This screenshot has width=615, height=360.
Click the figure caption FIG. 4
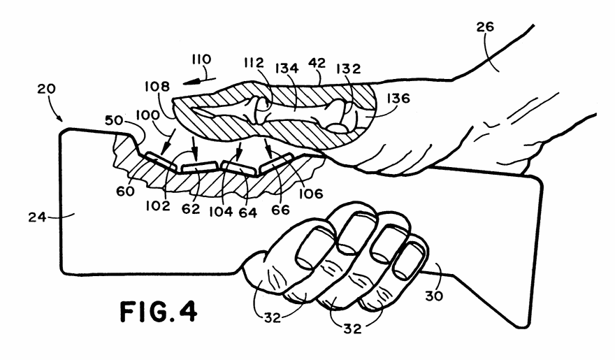(158, 311)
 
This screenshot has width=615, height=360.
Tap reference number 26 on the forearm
(485, 27)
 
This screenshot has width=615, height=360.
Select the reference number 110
(201, 59)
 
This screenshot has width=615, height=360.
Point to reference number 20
(47, 89)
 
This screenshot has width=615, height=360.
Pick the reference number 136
(398, 98)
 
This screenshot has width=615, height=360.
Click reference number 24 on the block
(37, 217)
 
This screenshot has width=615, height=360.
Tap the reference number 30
(435, 295)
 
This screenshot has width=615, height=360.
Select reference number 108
(157, 86)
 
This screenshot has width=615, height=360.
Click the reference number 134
(287, 69)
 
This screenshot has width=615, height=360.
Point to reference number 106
(311, 193)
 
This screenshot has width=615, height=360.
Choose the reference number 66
(280, 210)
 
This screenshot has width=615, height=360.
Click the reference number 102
(158, 206)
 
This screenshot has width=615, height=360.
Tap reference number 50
(114, 120)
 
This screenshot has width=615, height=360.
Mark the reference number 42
(317, 63)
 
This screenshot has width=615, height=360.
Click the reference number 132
(348, 69)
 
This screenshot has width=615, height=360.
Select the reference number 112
(254, 63)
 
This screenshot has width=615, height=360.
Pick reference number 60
(125, 191)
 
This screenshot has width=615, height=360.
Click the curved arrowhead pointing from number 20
(59, 117)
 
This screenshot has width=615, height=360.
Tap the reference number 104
(220, 212)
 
